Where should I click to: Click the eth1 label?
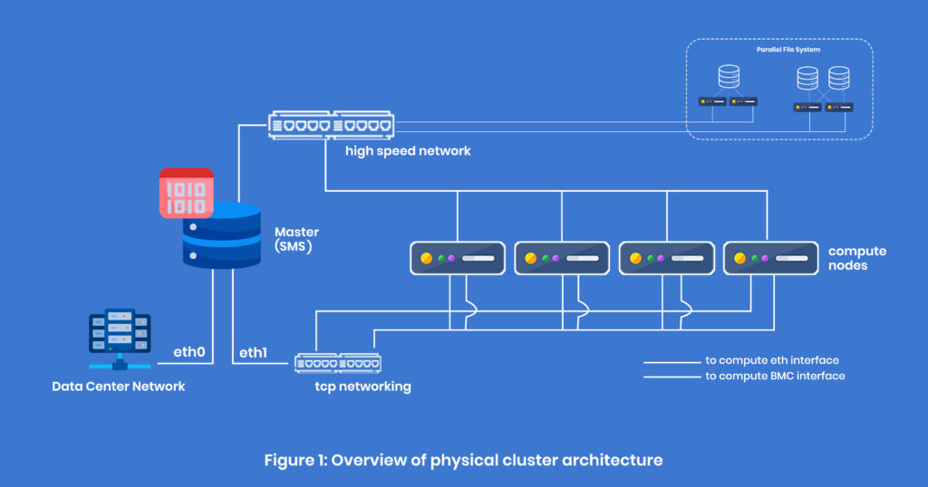click(x=253, y=352)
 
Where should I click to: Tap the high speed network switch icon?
click(x=331, y=125)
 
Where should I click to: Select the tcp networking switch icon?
click(x=338, y=363)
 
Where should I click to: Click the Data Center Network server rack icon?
click(x=120, y=340)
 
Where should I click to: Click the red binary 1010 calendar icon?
click(x=186, y=193)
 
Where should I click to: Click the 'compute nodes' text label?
click(x=857, y=258)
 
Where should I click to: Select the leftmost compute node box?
click(x=457, y=258)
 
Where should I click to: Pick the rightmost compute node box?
click(x=769, y=258)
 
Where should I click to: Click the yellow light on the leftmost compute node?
click(x=427, y=258)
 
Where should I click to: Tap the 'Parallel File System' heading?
click(x=788, y=50)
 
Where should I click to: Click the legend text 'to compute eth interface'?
click(x=773, y=359)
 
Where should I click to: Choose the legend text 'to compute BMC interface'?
click(x=775, y=376)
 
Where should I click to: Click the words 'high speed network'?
click(x=408, y=151)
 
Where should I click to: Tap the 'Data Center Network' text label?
click(x=118, y=387)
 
